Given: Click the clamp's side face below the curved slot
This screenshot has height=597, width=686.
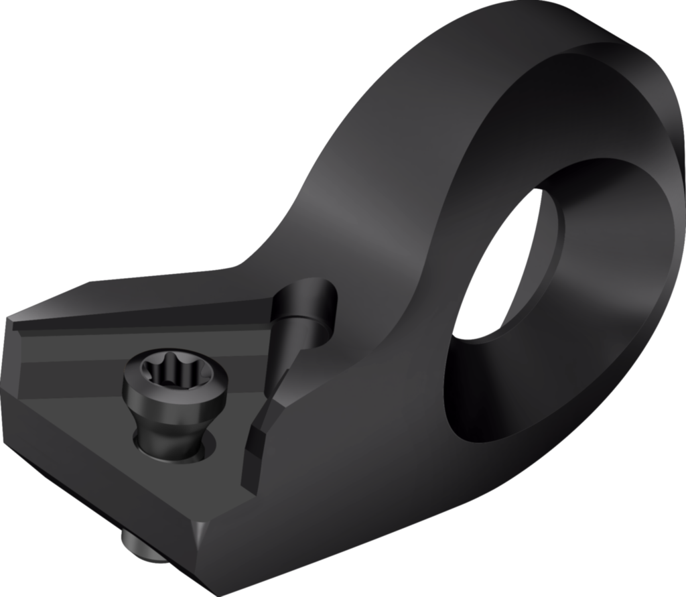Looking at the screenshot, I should point(335,456).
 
